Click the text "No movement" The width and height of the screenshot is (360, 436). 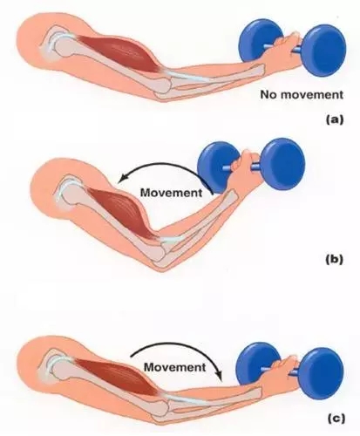(302, 95)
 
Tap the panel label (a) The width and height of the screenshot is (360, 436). (335, 119)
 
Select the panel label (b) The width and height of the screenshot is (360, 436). (335, 259)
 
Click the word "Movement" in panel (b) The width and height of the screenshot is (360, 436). (171, 193)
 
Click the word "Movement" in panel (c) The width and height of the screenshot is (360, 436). (174, 367)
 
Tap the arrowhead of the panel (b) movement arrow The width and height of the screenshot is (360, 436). (121, 179)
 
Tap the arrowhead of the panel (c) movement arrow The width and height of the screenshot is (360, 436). (220, 376)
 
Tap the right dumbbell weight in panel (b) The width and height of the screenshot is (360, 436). (284, 164)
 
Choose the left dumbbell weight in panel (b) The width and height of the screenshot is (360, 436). (218, 167)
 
